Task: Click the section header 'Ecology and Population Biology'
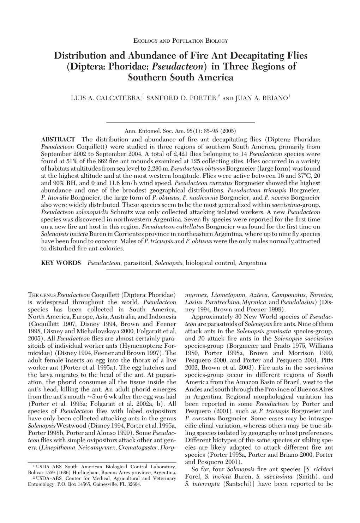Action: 180,41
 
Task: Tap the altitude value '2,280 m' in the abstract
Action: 160,169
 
